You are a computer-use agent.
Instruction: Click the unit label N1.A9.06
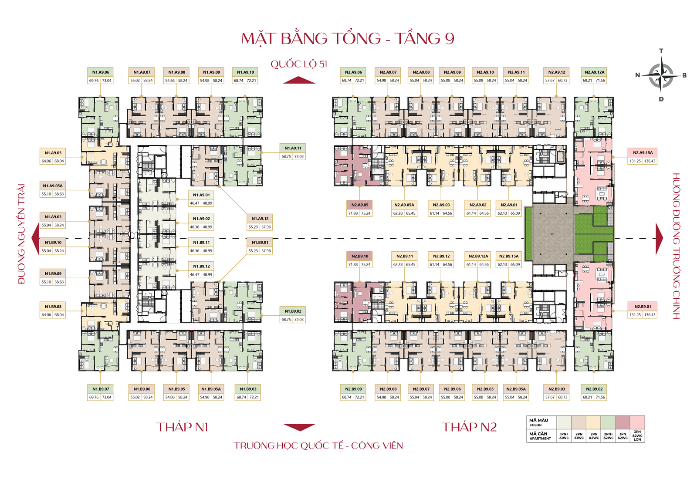coord(101,72)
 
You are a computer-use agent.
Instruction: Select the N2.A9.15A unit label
coord(643,153)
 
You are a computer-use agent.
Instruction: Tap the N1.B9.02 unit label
coord(293,311)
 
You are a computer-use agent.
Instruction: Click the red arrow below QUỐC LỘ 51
coord(299,80)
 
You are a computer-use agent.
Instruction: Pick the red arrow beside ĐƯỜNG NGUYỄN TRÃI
coord(35,238)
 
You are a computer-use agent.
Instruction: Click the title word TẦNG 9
coord(425,39)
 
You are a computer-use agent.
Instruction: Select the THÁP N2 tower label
coord(469,427)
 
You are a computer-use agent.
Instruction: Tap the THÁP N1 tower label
coord(182,427)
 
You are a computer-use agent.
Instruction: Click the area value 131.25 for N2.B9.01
coord(635,315)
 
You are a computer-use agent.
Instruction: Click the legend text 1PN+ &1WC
coord(564,436)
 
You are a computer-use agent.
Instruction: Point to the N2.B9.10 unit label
coord(360,256)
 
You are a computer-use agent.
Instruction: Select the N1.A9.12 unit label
coord(260,219)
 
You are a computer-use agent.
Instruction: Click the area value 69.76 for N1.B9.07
coord(94,397)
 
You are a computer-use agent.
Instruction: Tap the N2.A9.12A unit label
coord(594,72)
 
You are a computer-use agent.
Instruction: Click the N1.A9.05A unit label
coord(53,186)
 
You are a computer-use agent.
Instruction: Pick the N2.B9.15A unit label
coord(509,256)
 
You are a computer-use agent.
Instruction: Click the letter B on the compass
coord(684,75)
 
